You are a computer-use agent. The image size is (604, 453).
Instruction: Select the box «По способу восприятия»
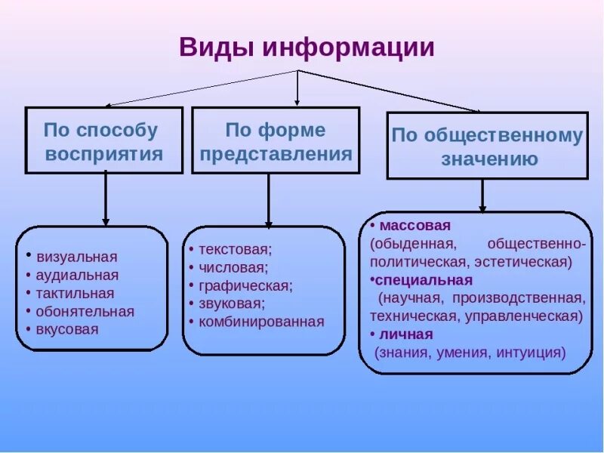104,141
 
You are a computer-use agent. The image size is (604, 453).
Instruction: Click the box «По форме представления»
275,141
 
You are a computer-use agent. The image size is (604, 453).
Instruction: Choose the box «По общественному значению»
487,146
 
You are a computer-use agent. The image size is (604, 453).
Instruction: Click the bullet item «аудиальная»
77,275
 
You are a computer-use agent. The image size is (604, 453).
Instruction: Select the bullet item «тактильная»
75,293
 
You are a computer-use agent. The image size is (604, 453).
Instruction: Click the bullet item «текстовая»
235,249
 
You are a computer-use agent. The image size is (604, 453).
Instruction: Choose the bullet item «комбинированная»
261,322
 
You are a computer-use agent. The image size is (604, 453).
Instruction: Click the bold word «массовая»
415,225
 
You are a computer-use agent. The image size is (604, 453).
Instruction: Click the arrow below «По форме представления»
268,199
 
